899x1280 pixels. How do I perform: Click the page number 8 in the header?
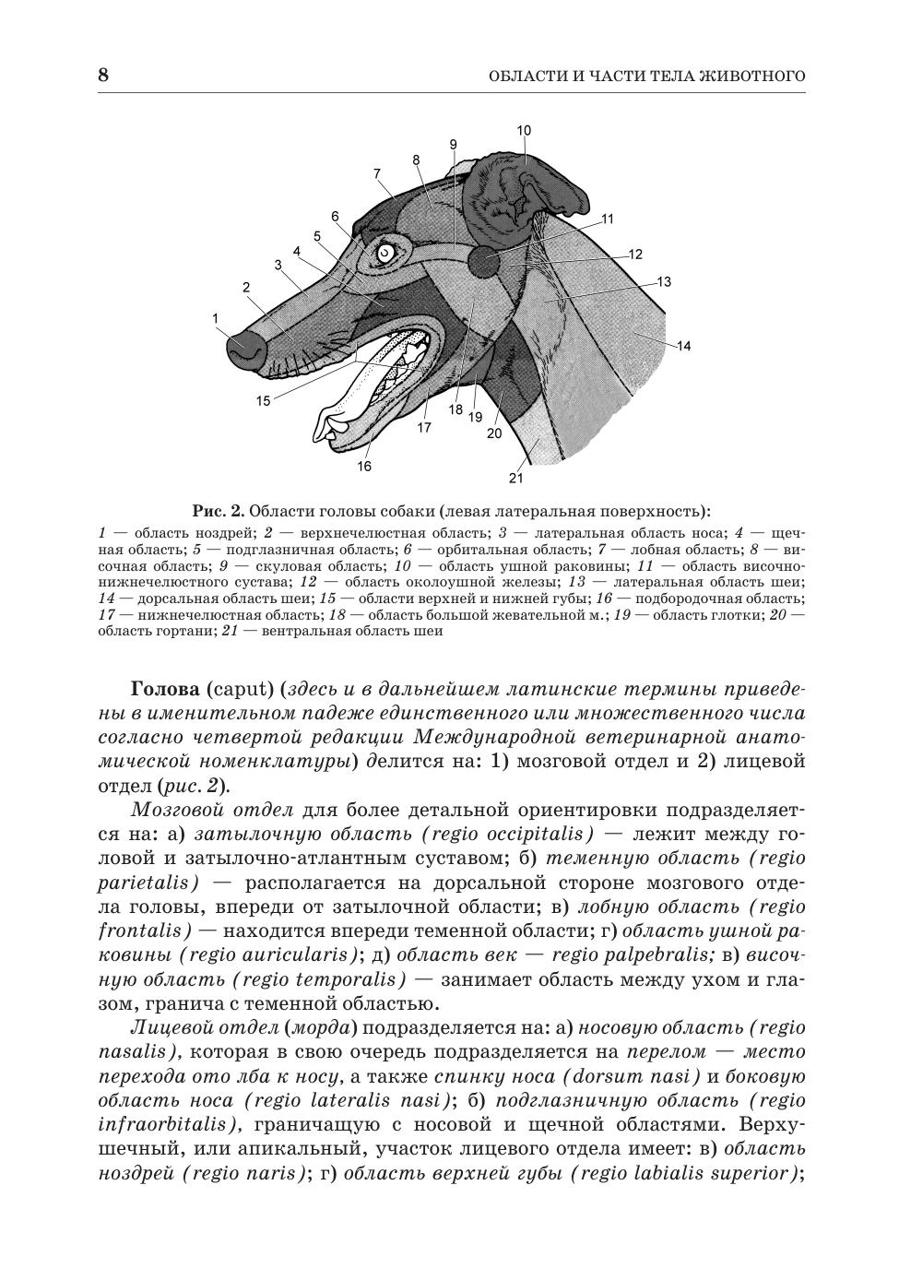coord(103,76)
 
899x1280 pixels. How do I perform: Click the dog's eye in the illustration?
coord(384,251)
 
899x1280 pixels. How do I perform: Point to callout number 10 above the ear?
coord(524,131)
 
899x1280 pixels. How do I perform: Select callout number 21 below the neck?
coord(516,478)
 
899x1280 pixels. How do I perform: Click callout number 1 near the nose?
coord(215,318)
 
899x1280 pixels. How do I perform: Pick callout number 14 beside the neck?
coord(683,347)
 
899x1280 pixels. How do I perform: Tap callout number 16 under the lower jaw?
coord(364,467)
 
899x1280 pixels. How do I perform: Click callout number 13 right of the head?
coord(663,282)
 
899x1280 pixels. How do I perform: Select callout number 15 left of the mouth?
coord(264,401)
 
